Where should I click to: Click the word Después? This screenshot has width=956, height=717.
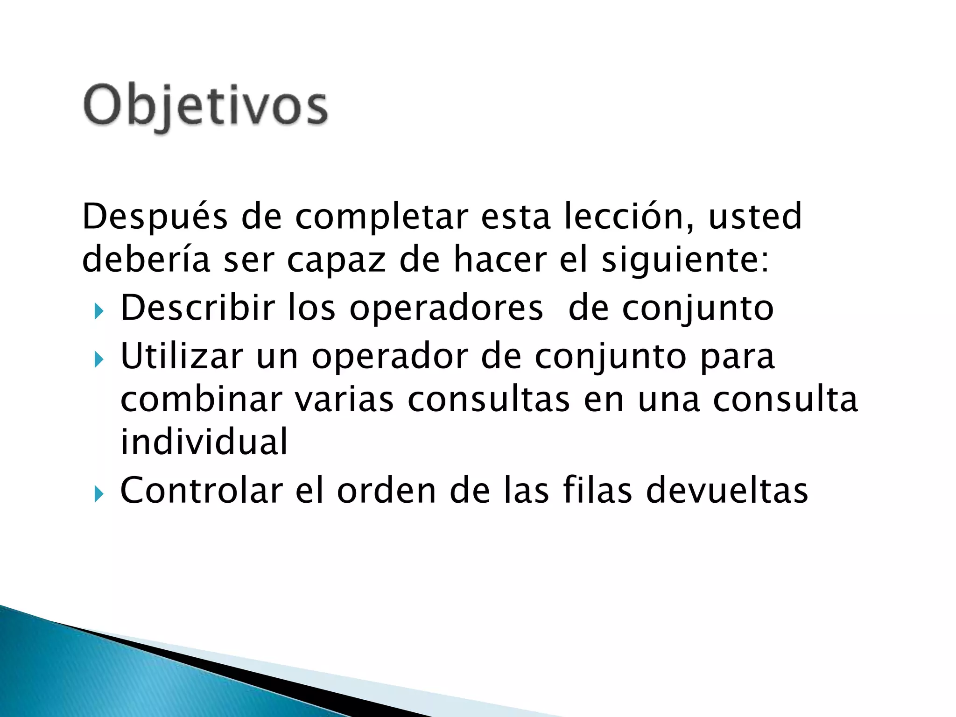coord(155,217)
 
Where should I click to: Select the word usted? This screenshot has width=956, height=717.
coord(755,217)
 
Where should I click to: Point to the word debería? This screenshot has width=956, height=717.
coord(146,260)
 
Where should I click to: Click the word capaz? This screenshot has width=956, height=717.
coord(336,260)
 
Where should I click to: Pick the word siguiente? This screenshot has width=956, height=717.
coord(684,260)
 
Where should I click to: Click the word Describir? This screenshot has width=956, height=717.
coord(198,308)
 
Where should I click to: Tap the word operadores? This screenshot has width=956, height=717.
coord(446,308)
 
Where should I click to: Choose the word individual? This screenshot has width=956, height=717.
coord(204,442)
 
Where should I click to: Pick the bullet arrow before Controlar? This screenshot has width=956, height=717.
coord(98,493)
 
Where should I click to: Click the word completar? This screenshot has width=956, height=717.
coord(381,217)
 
